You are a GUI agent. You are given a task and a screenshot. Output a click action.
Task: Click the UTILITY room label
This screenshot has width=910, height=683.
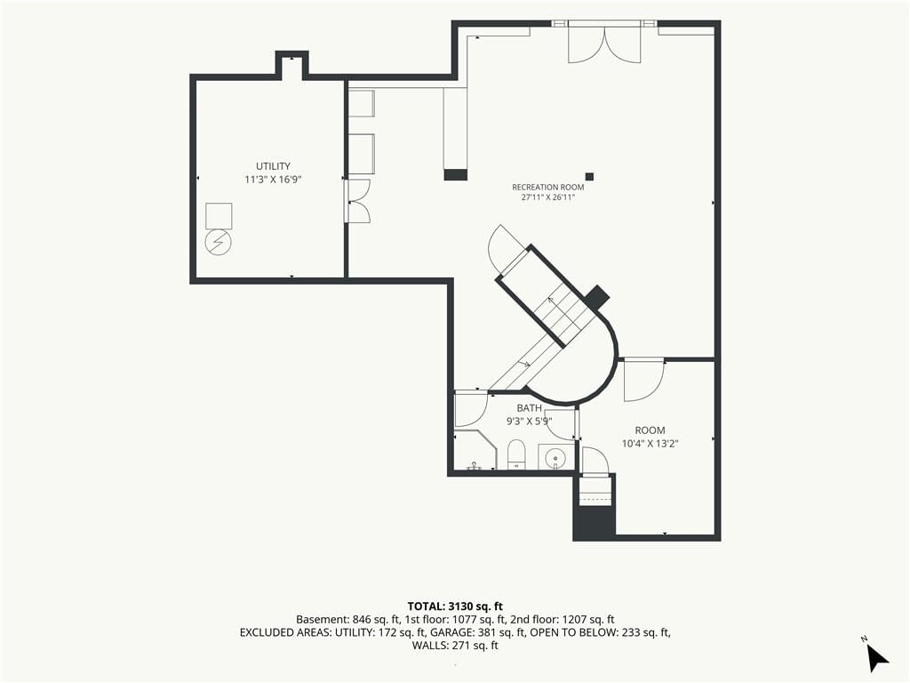click(273, 166)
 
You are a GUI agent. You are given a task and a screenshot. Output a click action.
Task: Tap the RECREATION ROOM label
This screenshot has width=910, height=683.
click(547, 187)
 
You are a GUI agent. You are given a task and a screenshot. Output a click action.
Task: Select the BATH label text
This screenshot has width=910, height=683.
click(530, 408)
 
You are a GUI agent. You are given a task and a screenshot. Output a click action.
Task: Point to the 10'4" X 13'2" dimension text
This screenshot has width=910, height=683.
click(650, 444)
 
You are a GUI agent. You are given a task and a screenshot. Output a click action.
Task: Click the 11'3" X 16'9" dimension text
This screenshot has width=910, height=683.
click(273, 180)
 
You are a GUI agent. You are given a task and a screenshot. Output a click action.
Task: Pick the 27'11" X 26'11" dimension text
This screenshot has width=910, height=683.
click(547, 197)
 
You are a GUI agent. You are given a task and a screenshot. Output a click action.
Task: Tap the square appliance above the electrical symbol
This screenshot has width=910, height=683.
click(219, 215)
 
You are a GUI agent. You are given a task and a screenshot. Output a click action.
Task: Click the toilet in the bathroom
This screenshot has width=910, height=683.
click(516, 454)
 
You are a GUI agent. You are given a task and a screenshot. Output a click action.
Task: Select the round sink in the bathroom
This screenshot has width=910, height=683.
click(555, 456)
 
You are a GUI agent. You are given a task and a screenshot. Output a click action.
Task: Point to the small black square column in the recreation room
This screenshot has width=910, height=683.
click(590, 177)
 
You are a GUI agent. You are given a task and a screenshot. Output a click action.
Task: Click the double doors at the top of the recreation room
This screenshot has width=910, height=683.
click(604, 44)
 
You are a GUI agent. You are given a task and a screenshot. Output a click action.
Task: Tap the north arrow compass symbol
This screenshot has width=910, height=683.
click(876, 657)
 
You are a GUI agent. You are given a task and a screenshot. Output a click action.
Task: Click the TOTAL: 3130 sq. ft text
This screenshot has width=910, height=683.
click(455, 607)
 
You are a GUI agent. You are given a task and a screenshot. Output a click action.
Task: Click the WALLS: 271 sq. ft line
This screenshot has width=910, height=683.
click(455, 646)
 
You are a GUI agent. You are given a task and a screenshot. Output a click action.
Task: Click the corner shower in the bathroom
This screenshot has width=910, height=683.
click(476, 450)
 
